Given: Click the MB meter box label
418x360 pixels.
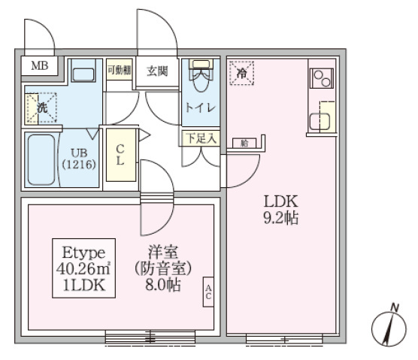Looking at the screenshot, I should point(38,66).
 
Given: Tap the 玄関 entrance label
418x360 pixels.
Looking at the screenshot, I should point(157,72).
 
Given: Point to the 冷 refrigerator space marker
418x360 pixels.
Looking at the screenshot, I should point(242,73).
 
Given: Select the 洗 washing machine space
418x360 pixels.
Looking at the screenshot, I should point(44,108).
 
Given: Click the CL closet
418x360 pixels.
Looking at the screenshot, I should point(120,155).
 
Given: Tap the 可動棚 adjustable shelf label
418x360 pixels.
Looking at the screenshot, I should point(118,71).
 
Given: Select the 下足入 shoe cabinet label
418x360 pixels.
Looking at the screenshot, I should point(201,138).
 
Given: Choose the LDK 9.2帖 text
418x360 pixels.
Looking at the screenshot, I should point(280,210).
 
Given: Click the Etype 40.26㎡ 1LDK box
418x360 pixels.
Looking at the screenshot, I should point(83,268).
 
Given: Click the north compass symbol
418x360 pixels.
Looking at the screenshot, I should point(389,325).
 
